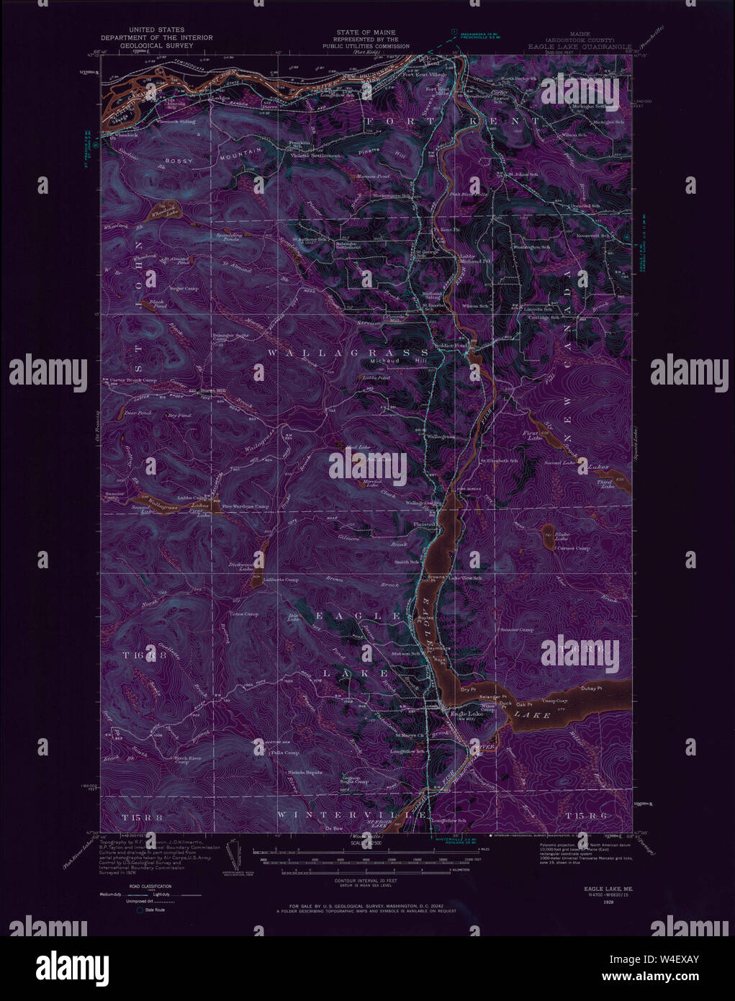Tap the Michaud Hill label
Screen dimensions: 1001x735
coord(389,361)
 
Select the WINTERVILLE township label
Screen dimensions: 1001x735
coord(352,814)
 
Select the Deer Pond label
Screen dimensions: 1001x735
coord(138,413)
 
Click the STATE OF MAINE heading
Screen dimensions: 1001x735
coord(366,32)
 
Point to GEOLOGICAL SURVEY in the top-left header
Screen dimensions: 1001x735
coord(156,45)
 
